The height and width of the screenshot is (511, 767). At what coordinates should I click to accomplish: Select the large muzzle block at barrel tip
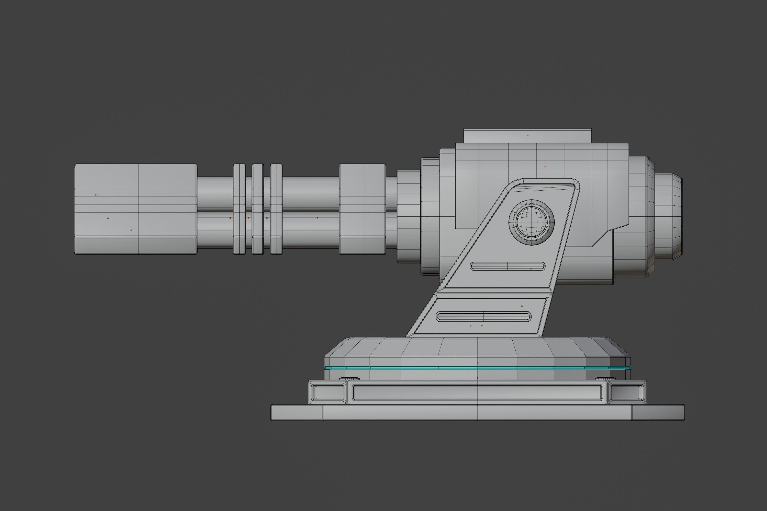tap(136, 209)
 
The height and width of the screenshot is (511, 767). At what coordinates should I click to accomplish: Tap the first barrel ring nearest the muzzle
tap(239, 209)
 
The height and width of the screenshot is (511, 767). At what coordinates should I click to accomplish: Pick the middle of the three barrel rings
tap(258, 209)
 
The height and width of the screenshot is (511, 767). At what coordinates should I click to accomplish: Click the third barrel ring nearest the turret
tap(276, 209)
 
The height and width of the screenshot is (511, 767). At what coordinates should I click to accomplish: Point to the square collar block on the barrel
tap(362, 209)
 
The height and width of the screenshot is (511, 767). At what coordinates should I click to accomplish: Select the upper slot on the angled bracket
tap(507, 266)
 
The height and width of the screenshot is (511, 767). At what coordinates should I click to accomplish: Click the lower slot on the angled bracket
tap(484, 317)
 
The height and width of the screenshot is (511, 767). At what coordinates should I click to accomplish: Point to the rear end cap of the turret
tap(669, 216)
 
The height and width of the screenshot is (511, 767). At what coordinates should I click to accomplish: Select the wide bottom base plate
tap(477, 413)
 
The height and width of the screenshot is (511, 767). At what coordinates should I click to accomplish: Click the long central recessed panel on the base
tap(477, 393)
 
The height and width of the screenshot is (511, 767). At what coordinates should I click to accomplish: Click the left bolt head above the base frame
tap(349, 379)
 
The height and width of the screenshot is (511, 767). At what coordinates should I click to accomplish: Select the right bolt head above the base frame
tap(606, 379)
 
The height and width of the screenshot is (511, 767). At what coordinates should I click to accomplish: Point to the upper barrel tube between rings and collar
tap(310, 194)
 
